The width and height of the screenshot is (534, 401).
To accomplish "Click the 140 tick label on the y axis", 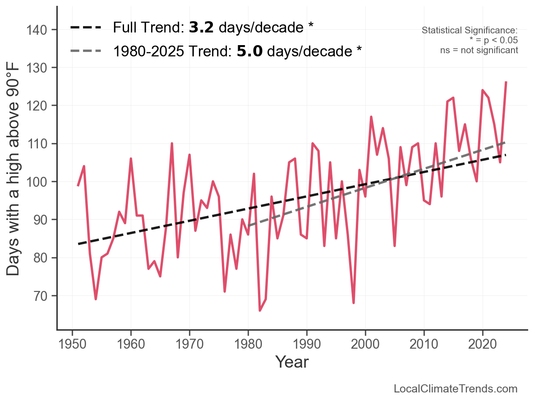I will pyautogui.click(x=40, y=30).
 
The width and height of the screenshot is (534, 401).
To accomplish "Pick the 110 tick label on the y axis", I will pyautogui.click(x=40, y=144).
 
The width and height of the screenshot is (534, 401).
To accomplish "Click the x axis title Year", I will pyautogui.click(x=292, y=362).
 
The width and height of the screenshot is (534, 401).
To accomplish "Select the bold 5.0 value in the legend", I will pyautogui.click(x=249, y=51).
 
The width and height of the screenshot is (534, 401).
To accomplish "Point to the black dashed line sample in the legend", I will pyautogui.click(x=86, y=28).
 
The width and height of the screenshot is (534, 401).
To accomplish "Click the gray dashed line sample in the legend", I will pyautogui.click(x=86, y=51).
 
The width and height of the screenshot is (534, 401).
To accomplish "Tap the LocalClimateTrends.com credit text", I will pyautogui.click(x=456, y=389).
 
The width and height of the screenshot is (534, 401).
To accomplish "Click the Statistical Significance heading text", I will pyautogui.click(x=470, y=30).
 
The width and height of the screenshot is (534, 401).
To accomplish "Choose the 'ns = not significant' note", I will pyautogui.click(x=479, y=50).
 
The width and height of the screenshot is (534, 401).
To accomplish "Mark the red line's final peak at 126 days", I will pyautogui.click(x=506, y=82).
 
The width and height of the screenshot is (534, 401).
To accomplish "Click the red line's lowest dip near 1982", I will pyautogui.click(x=260, y=310).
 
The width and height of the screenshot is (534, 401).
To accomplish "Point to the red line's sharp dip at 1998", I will pyautogui.click(x=354, y=303).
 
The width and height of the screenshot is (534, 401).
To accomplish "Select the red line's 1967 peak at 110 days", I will pyautogui.click(x=172, y=143).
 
